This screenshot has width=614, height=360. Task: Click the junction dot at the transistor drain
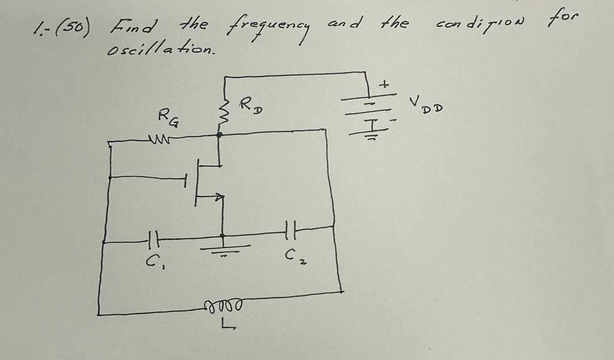(219, 134)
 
